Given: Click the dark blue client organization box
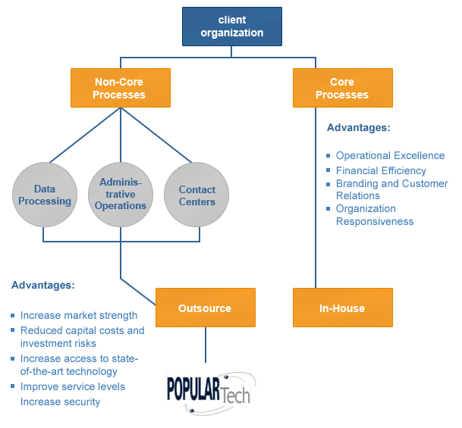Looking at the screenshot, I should tap(231, 27).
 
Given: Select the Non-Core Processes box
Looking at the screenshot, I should tap(120, 88).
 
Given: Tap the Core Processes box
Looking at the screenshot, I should tap(342, 88).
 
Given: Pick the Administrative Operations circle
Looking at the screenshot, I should tap(121, 194).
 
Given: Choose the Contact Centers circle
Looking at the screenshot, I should tap(196, 195).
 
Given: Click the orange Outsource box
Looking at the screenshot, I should tap(205, 308).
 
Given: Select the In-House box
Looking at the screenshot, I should tap(342, 308).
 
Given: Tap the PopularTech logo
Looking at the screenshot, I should tap(208, 390).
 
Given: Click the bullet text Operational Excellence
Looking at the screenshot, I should tap(390, 155).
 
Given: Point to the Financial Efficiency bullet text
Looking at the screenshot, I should tap(381, 170).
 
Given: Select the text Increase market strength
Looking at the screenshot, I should tap(79, 315).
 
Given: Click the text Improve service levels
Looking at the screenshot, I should tap(73, 386).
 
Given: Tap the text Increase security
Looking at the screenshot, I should tap(60, 401).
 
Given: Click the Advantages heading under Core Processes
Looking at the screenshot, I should tap(358, 127).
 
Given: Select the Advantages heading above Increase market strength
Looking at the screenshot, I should tap(42, 286).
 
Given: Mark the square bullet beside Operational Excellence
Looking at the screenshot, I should tap(328, 156).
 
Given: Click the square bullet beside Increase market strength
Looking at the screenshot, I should tap(13, 316).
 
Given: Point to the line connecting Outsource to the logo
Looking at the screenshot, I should tap(205, 344).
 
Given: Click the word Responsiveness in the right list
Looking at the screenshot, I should tap(375, 221).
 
